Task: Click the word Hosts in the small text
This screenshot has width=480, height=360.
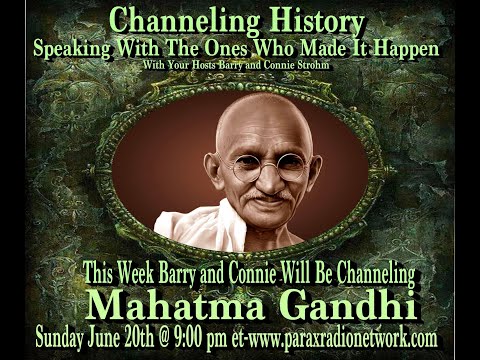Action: coord(200,67)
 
